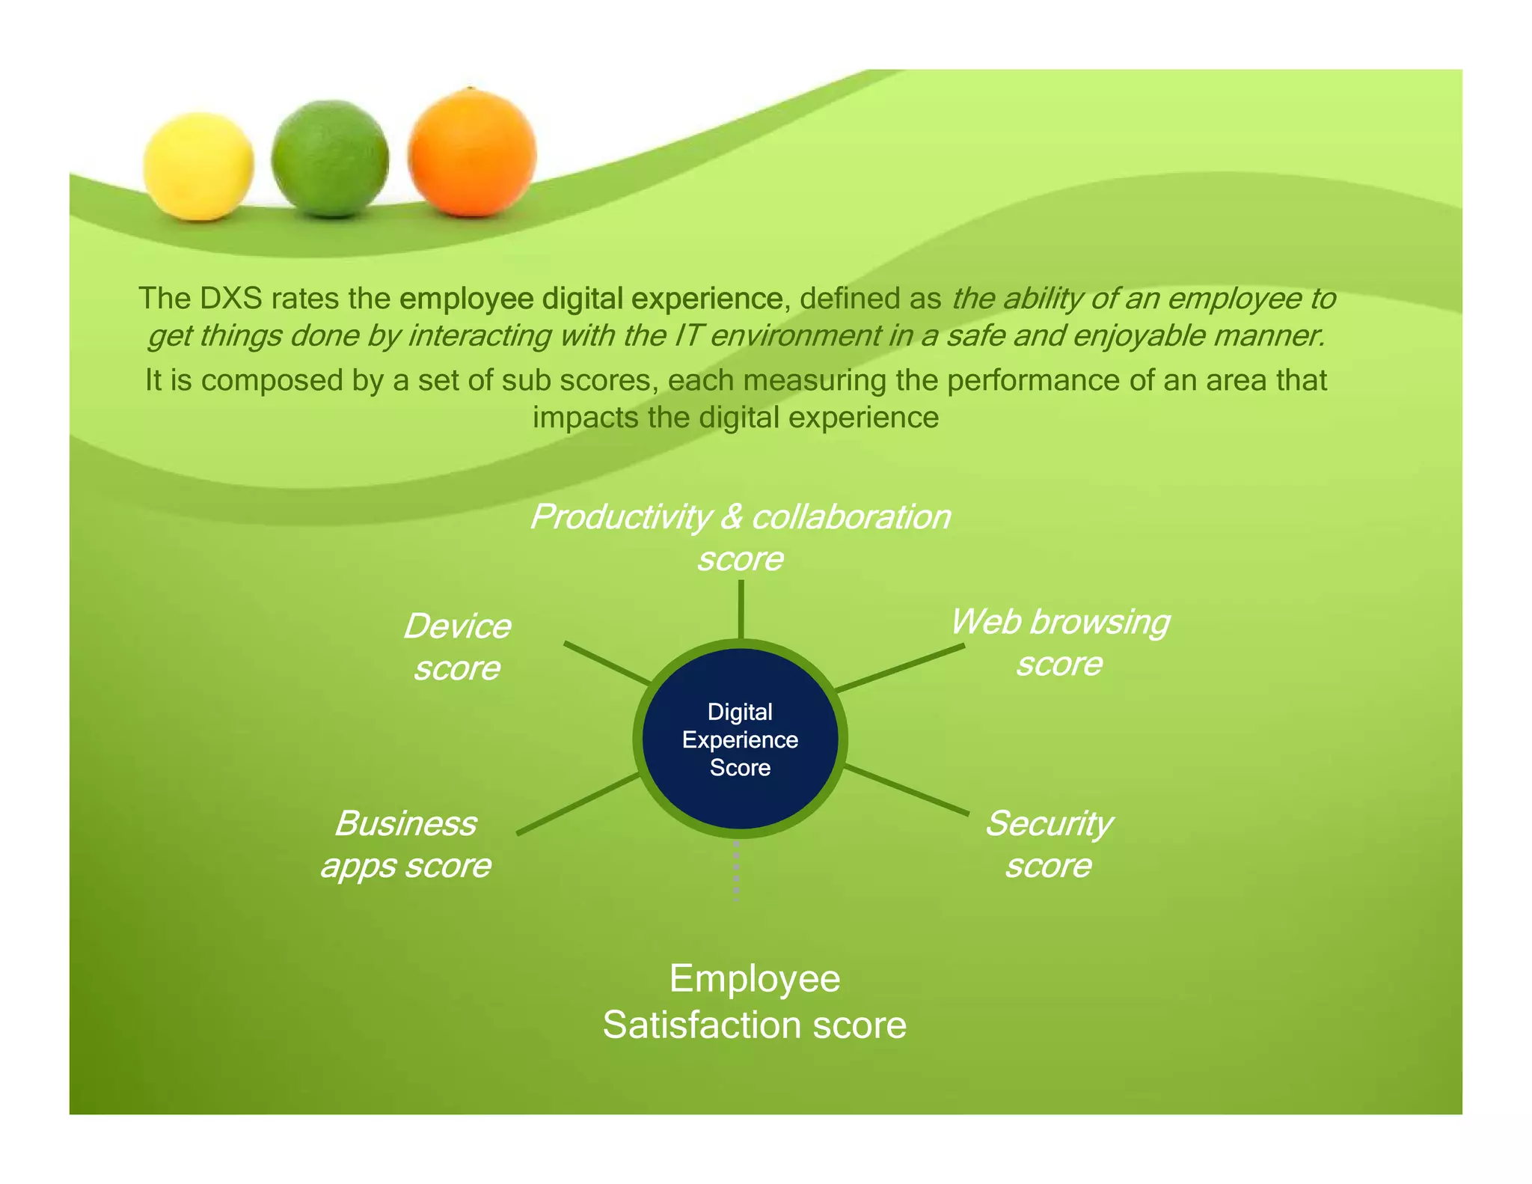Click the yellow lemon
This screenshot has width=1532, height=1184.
tap(198, 166)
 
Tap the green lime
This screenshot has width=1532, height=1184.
tap(330, 159)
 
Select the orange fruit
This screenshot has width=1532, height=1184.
tap(472, 153)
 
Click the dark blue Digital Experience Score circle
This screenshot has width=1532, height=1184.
tap(740, 739)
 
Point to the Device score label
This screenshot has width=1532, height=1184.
tap(457, 647)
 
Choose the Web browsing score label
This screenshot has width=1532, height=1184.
tap(1059, 642)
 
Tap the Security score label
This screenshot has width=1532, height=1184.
tap(1048, 844)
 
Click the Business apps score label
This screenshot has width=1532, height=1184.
tap(405, 844)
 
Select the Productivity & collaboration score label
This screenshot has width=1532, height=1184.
tap(740, 537)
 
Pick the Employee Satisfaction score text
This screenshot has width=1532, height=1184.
tap(754, 1001)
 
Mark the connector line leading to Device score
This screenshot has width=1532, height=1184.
tap(607, 663)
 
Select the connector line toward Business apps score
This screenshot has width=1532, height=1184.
tap(578, 804)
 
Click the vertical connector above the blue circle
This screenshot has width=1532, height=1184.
tap(741, 609)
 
